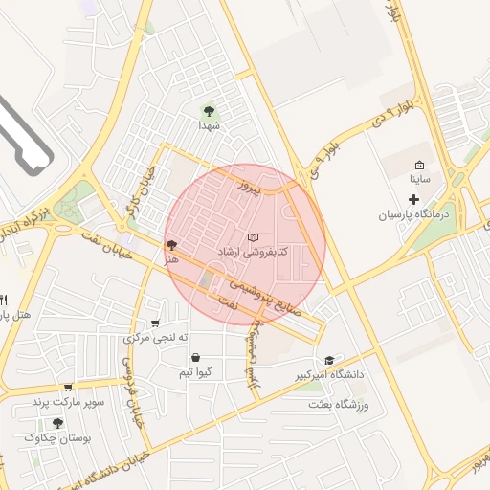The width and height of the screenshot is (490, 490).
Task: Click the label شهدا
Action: pyautogui.click(x=210, y=125)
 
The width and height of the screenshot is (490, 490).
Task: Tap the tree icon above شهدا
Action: pyautogui.click(x=210, y=109)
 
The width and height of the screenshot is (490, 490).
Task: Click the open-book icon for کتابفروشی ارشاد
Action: pyautogui.click(x=253, y=236)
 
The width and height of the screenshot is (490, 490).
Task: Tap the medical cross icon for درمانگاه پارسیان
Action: pyautogui.click(x=413, y=199)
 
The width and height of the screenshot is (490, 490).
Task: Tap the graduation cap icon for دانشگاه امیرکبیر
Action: pyautogui.click(x=329, y=360)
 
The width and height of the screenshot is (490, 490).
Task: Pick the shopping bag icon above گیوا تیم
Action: pyautogui.click(x=195, y=357)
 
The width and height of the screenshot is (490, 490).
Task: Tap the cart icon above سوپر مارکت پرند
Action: pyautogui.click(x=68, y=388)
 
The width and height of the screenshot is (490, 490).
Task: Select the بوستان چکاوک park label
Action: pyautogui.click(x=60, y=437)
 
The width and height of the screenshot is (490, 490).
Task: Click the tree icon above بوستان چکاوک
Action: pyautogui.click(x=57, y=422)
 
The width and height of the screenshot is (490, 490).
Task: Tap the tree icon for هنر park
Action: pyautogui.click(x=171, y=245)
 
